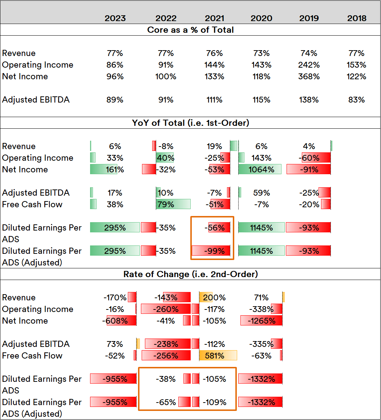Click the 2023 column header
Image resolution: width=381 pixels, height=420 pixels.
click(115, 18)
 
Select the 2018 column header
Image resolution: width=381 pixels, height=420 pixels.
click(357, 18)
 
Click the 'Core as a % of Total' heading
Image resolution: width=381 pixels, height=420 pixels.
click(190, 30)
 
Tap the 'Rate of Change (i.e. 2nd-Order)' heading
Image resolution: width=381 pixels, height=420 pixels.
click(190, 274)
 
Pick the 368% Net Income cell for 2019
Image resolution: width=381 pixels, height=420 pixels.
click(309, 76)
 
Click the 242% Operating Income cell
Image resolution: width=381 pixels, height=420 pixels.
click(309, 65)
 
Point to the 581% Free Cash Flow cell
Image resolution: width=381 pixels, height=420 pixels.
click(215, 356)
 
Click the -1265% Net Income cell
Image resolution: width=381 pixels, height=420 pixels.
click(261, 321)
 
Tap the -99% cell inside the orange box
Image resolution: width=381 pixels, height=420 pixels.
click(215, 251)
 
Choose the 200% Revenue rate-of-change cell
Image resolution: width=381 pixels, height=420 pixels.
click(215, 297)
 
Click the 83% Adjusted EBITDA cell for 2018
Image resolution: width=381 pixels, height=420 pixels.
click(356, 100)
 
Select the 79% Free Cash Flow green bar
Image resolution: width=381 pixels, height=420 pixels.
click(173, 204)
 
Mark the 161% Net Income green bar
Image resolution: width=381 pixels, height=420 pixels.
click(104, 169)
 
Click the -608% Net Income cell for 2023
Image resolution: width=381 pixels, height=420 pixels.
click(115, 321)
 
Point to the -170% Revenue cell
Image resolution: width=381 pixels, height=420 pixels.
click(115, 297)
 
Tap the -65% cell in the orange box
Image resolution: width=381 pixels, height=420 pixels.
click(166, 402)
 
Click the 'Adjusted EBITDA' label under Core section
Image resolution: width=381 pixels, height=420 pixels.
click(36, 100)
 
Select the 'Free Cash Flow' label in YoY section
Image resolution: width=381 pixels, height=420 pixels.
click(32, 204)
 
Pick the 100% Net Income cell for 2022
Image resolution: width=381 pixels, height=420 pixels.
click(166, 76)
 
